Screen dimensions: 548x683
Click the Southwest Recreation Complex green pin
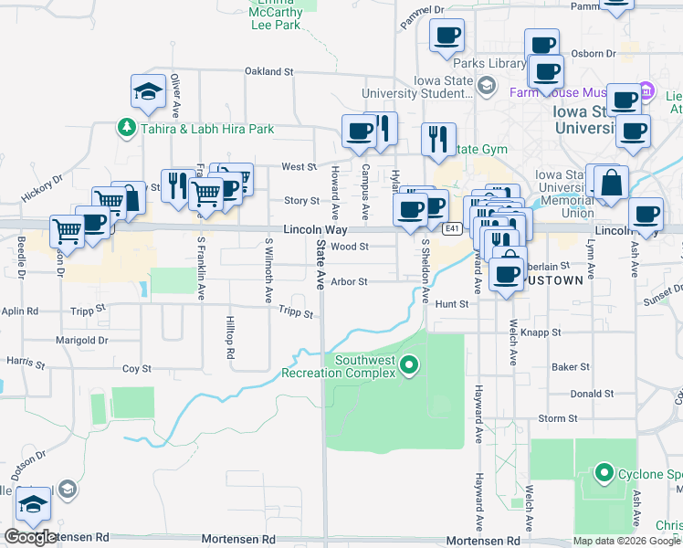click(x=409, y=366)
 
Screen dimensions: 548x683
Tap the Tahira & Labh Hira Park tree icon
click(x=127, y=129)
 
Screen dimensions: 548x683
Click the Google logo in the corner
click(x=30, y=536)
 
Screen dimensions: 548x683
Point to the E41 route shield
click(x=452, y=227)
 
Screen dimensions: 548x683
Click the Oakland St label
click(x=268, y=70)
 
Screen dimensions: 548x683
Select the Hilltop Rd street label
click(x=230, y=339)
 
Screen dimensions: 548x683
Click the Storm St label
click(x=552, y=418)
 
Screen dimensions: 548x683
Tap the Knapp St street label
click(x=542, y=333)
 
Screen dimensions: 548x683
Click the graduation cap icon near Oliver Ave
click(x=148, y=91)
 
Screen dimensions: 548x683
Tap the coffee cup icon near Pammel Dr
click(x=447, y=37)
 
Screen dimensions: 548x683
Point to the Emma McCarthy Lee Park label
click(x=275, y=17)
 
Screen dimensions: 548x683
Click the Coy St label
click(x=137, y=369)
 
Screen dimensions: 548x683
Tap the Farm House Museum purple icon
click(x=646, y=91)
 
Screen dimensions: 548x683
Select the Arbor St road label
click(x=349, y=282)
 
